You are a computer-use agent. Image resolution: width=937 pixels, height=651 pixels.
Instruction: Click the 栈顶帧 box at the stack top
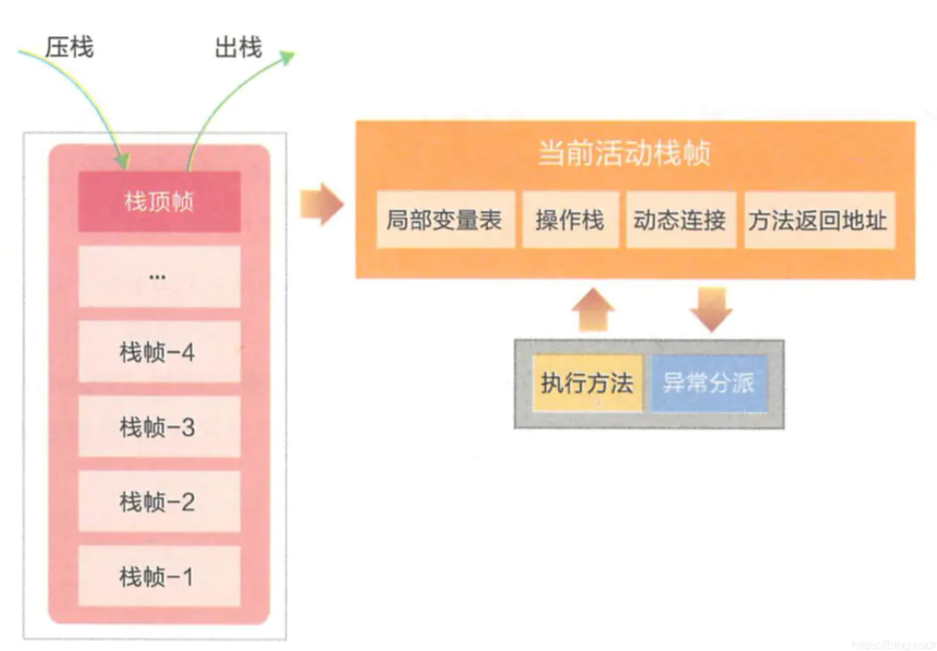(159, 202)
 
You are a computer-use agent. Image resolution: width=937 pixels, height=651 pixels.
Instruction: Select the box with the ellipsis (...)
(159, 276)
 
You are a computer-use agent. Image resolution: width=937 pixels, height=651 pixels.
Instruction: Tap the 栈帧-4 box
(159, 352)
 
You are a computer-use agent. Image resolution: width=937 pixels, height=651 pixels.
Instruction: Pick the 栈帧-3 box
(159, 427)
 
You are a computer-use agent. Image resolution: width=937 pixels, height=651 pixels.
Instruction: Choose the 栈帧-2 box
(159, 502)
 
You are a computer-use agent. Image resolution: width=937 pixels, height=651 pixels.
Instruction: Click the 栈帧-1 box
(159, 576)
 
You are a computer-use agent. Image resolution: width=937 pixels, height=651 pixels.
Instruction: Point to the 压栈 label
(69, 47)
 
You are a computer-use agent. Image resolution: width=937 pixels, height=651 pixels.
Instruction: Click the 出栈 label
(238, 47)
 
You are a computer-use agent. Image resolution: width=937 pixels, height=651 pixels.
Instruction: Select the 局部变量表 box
(445, 220)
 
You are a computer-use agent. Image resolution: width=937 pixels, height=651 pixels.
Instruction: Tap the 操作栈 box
(570, 220)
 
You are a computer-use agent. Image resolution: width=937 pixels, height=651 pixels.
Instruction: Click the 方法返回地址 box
(819, 220)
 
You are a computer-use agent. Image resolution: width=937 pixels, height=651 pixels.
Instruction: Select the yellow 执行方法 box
(587, 384)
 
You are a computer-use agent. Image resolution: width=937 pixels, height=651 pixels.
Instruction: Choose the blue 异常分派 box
(708, 384)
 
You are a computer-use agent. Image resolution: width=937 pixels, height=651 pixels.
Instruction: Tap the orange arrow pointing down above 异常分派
(711, 310)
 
